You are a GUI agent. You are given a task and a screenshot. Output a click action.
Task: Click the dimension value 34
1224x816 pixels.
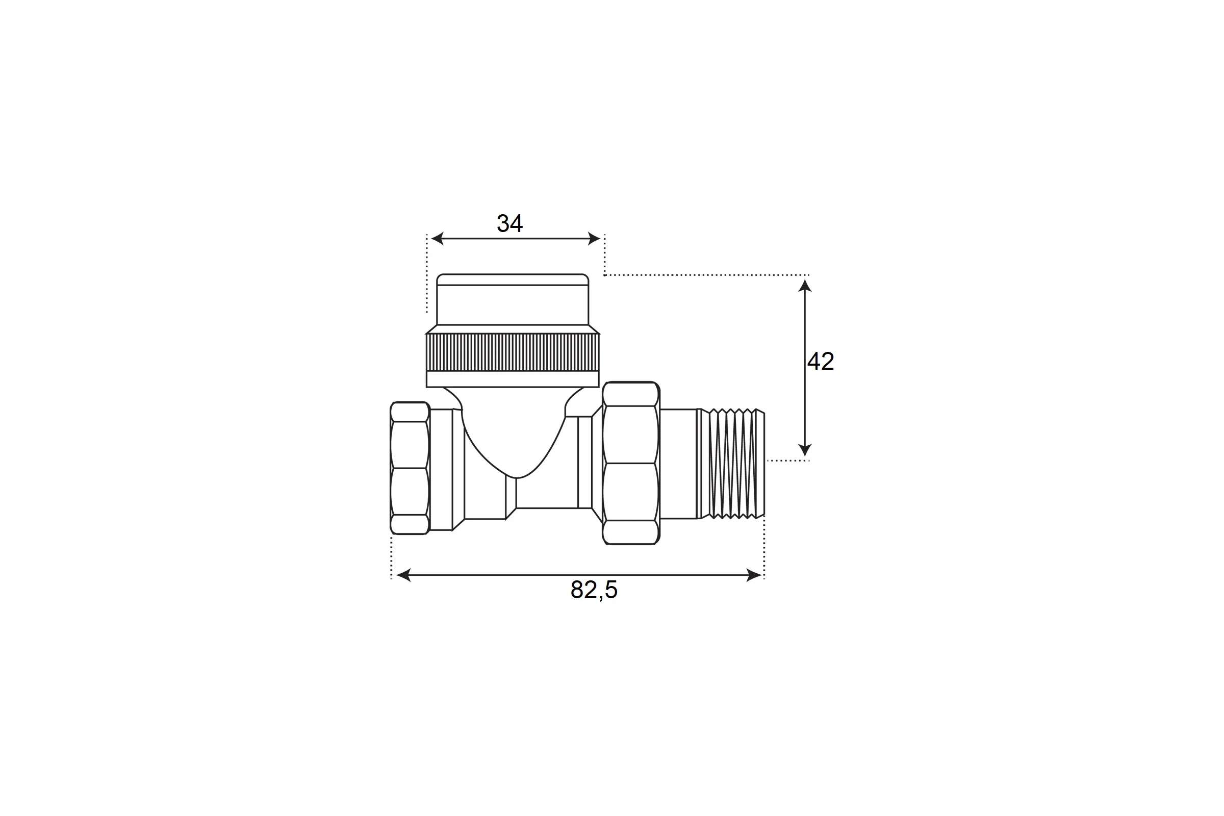(509, 223)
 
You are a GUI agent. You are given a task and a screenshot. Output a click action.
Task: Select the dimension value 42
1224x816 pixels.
(821, 361)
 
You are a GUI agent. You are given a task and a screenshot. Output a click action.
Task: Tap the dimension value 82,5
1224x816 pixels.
(594, 590)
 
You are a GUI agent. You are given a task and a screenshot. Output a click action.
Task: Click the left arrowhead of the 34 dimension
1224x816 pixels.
(438, 239)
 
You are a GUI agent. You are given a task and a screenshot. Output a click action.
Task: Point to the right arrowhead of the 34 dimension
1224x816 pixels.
(594, 239)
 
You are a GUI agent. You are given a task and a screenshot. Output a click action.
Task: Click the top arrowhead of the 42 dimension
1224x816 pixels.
(805, 286)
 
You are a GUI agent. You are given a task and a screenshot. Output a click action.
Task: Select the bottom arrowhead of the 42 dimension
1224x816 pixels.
(805, 450)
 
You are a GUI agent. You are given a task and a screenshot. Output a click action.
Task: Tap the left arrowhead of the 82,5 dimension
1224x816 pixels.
(404, 575)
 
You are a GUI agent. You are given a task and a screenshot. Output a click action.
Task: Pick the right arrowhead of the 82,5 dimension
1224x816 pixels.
(754, 575)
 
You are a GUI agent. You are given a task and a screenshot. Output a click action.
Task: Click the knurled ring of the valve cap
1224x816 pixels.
(513, 352)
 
